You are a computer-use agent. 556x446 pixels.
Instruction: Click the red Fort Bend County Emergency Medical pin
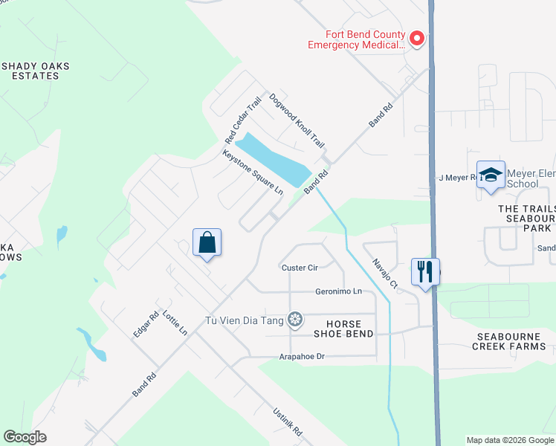417,38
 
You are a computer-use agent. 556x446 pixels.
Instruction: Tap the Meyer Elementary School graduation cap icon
491,175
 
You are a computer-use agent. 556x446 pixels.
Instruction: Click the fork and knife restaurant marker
425,271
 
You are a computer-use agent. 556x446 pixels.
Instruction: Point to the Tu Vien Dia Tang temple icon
296,320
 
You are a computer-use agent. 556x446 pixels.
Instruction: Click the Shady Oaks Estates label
35,71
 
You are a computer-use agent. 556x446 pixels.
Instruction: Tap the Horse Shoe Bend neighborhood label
344,329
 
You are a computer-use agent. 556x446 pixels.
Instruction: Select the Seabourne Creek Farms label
511,341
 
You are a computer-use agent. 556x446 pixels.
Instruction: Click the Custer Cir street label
300,268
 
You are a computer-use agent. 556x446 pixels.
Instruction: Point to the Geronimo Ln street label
338,291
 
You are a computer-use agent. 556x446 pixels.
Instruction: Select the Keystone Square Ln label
253,172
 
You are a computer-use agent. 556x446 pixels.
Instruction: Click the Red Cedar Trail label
244,120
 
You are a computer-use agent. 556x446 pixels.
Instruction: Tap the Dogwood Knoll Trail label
297,120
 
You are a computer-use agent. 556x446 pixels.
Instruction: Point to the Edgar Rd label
146,324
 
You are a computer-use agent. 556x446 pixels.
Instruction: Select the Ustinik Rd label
286,421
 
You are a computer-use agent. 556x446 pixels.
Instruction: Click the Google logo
25,437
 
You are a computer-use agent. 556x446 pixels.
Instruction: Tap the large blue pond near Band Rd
275,159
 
